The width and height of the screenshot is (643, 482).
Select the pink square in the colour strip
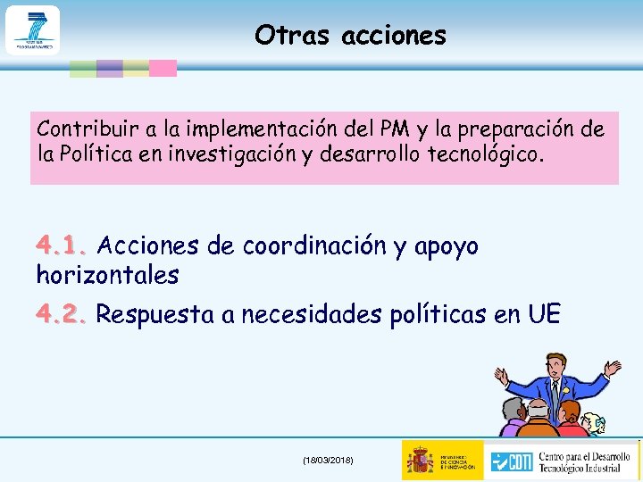point(163,69)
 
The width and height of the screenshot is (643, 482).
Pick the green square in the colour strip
point(83,69)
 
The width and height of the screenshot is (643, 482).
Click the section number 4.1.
point(63,245)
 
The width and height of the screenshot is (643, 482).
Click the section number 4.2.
point(63,314)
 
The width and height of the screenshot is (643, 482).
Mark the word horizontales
point(107,275)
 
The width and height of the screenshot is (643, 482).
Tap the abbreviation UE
point(544,314)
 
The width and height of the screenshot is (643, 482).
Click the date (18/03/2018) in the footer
point(328,460)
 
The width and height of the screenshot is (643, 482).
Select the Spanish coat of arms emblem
point(420,460)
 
